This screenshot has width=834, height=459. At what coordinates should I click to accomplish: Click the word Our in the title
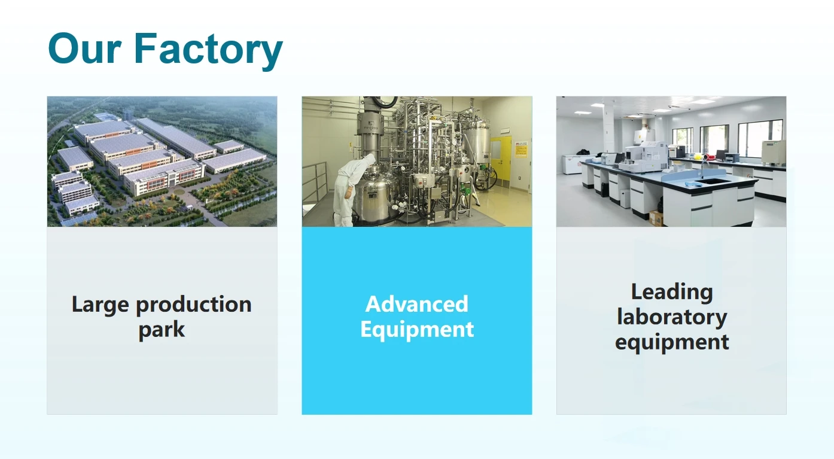tap(85, 48)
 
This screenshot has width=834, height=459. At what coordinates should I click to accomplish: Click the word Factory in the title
tap(208, 51)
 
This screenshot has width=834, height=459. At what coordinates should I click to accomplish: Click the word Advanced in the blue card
tap(416, 304)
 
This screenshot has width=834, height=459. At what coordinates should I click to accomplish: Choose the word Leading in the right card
tap(672, 293)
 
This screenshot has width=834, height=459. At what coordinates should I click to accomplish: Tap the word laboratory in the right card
tap(672, 318)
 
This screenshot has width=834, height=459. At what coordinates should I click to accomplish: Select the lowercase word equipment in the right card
tap(672, 343)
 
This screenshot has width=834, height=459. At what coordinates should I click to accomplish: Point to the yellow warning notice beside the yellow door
tap(521, 148)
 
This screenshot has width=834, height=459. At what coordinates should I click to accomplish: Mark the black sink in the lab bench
tap(712, 181)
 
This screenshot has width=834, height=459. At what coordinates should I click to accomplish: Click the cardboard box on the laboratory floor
tap(656, 218)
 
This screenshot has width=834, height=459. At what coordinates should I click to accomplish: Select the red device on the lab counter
tap(708, 157)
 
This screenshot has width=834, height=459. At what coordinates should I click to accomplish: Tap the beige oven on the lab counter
tap(774, 153)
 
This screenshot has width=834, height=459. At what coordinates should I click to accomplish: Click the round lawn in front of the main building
tap(179, 192)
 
